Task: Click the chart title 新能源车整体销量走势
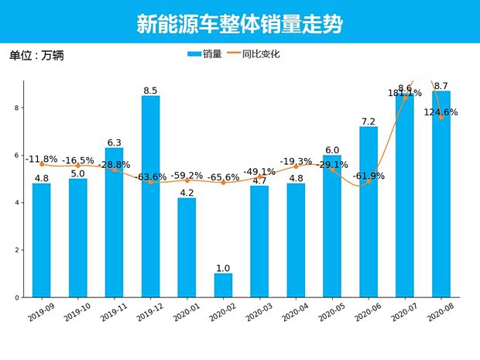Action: pyautogui.click(x=239, y=24)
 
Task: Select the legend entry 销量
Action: pyautogui.click(x=205, y=54)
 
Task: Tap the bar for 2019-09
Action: pyautogui.click(x=42, y=240)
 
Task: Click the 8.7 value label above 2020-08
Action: pyautogui.click(x=441, y=85)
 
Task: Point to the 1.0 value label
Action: pyautogui.click(x=223, y=268)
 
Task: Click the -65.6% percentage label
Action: pyautogui.click(x=223, y=177)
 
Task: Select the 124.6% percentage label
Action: pyautogui.click(x=440, y=112)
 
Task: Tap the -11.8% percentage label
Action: pyautogui.click(x=42, y=159)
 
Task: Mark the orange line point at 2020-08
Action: pyautogui.click(x=441, y=118)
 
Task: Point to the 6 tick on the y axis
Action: pyautogui.click(x=16, y=156)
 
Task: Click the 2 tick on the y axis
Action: pyautogui.click(x=16, y=250)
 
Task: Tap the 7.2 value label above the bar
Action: pyautogui.click(x=369, y=122)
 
